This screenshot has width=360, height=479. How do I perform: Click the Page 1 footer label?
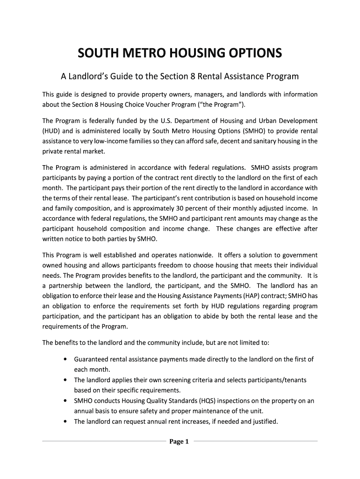[179, 441]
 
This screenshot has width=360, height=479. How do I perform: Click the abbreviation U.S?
[182, 121]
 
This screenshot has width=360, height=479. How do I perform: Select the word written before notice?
[53, 239]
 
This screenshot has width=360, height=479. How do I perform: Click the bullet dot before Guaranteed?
[64, 359]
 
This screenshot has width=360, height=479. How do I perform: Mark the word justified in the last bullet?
[263, 421]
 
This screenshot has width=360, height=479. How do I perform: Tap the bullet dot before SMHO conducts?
[64, 401]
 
